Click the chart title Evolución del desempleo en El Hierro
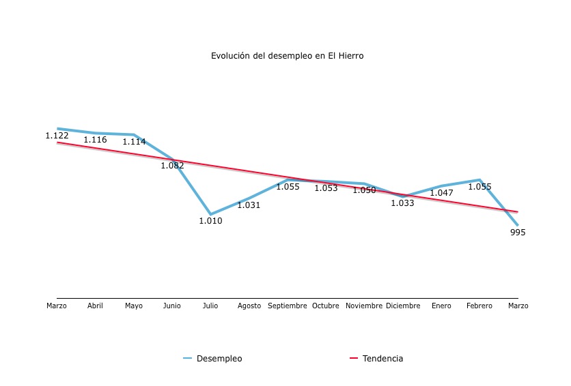287,56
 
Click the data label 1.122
57,136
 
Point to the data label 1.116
95,140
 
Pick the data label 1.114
134,142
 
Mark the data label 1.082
172,165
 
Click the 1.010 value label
210,221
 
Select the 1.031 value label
249,205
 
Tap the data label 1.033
402,203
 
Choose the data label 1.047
441,193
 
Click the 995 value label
518,233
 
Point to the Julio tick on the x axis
210,306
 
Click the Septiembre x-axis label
288,306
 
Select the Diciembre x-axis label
403,306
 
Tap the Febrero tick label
479,306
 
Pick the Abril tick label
95,306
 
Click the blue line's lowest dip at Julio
210,214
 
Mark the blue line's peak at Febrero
479,180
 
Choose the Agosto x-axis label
249,306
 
